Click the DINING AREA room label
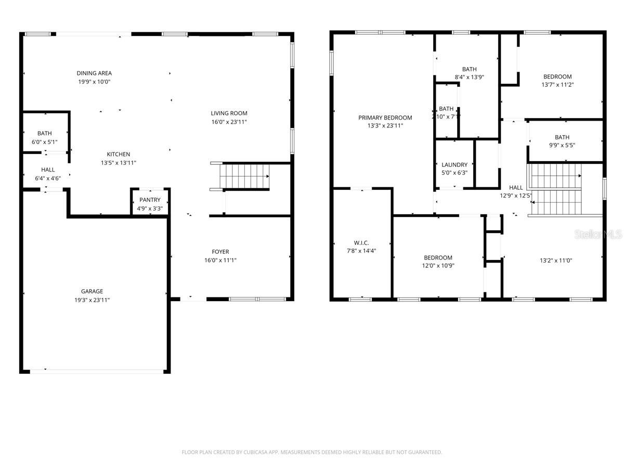94,73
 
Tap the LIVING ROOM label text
229,113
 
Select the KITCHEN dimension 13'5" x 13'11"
118,163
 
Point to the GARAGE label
92,291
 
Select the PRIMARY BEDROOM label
385,118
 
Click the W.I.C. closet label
361,243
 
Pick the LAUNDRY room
454,165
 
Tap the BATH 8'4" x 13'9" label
469,69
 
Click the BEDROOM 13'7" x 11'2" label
557,76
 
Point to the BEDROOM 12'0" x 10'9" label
438,257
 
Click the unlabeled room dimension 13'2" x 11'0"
556,261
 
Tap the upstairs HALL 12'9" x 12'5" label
516,188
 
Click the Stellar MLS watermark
597,235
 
